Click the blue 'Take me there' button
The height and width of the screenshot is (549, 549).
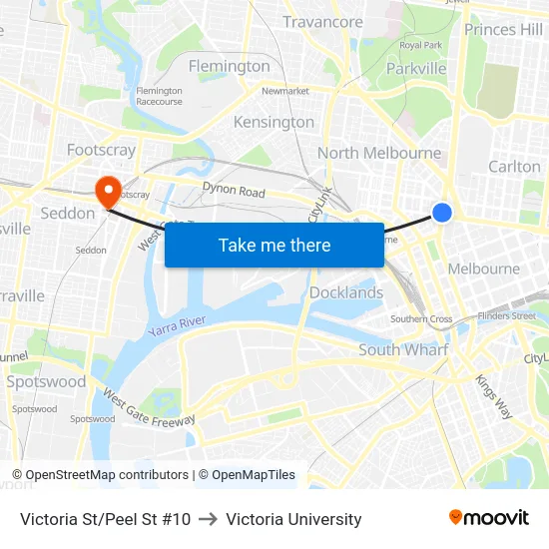[274, 245]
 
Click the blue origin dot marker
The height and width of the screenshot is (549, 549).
[441, 213]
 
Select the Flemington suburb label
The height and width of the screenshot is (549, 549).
[230, 66]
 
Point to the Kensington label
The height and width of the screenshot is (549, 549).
[274, 122]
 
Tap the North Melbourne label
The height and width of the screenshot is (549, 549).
[379, 153]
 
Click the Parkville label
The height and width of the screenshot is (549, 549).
[417, 69]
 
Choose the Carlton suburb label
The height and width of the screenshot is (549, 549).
[514, 166]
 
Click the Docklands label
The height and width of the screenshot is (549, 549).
[346, 292]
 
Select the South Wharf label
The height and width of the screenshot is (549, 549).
[403, 349]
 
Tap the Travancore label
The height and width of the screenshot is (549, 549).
[322, 22]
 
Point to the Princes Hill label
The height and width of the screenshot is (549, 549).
[504, 30]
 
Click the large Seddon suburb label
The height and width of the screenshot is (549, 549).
[68, 213]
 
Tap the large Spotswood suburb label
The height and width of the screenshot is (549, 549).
[46, 381]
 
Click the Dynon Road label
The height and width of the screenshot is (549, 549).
[234, 190]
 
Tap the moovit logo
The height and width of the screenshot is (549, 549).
[489, 518]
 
